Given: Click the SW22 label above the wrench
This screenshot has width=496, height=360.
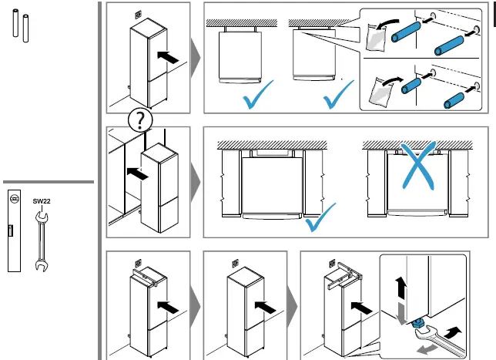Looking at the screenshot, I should (x=41, y=201).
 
